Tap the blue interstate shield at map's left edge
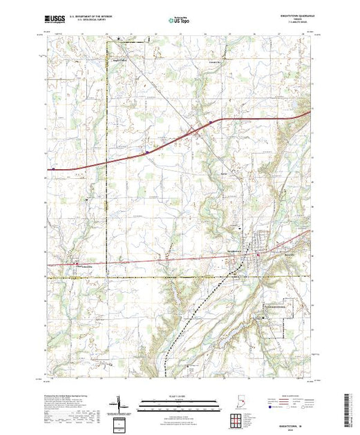pos(52,167)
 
